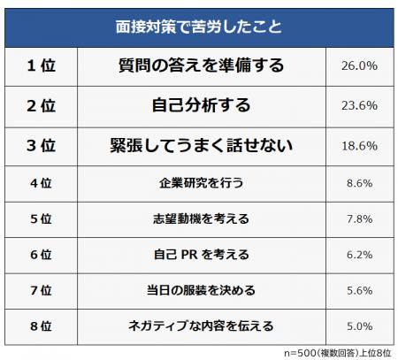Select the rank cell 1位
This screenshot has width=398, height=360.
[39, 65]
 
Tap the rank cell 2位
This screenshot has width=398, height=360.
[39, 105]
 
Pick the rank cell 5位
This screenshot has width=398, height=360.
[39, 218]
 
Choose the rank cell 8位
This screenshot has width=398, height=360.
[39, 325]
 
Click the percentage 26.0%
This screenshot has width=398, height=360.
[359, 65]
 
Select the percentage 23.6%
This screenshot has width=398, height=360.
[359, 105]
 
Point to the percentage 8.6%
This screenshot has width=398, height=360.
[359, 183]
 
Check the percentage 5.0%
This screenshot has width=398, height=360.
[359, 325]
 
